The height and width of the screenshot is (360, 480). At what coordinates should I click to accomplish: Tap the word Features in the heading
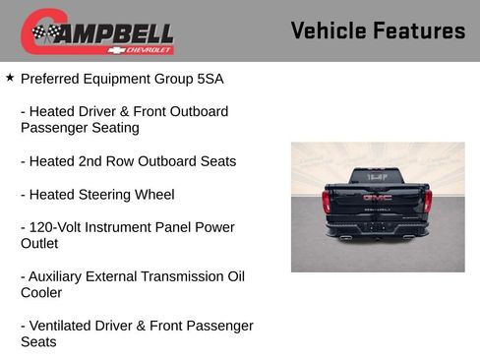click(x=419, y=31)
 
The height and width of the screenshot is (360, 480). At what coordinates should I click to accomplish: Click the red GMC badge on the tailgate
click(x=377, y=197)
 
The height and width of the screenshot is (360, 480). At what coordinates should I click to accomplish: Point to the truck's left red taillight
click(x=327, y=202)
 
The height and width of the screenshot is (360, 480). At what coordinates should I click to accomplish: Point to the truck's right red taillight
click(x=428, y=202)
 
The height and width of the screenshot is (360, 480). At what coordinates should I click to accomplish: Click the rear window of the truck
click(x=377, y=176)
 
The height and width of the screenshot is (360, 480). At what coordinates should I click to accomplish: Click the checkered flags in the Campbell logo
click(x=45, y=33)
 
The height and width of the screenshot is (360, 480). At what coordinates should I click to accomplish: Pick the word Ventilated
click(x=65, y=326)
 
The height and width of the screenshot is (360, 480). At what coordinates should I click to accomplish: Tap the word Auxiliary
click(x=61, y=276)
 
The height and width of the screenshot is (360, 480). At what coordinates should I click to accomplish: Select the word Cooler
click(x=41, y=293)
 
